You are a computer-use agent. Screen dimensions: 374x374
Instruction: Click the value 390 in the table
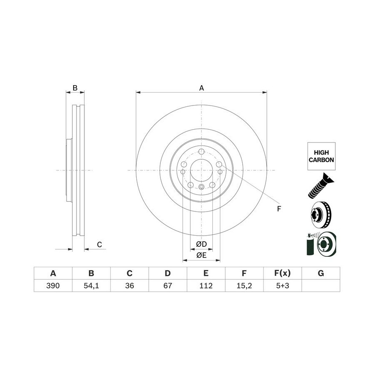(x=53, y=285)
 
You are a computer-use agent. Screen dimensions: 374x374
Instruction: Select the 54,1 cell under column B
(x=91, y=285)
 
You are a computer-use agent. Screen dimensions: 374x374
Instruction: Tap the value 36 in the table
(x=130, y=285)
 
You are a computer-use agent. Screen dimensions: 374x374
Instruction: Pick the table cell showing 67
(x=168, y=285)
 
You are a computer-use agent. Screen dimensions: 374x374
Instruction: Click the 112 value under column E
(x=206, y=285)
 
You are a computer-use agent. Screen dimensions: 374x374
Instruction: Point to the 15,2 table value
(x=244, y=285)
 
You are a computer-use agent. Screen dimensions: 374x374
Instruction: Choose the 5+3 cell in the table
(x=283, y=285)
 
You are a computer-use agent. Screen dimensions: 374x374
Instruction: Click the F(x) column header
(x=283, y=273)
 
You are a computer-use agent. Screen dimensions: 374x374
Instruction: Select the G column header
(x=321, y=273)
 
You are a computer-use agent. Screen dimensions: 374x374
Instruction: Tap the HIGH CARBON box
(x=321, y=156)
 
